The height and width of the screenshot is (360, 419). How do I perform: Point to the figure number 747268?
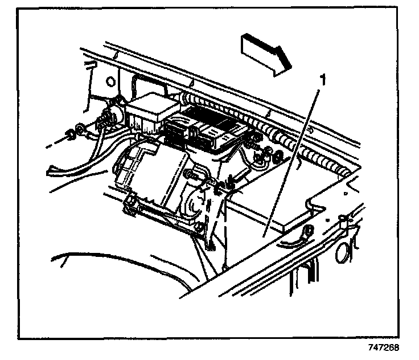382,347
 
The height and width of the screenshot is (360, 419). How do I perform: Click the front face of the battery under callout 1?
256,234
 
